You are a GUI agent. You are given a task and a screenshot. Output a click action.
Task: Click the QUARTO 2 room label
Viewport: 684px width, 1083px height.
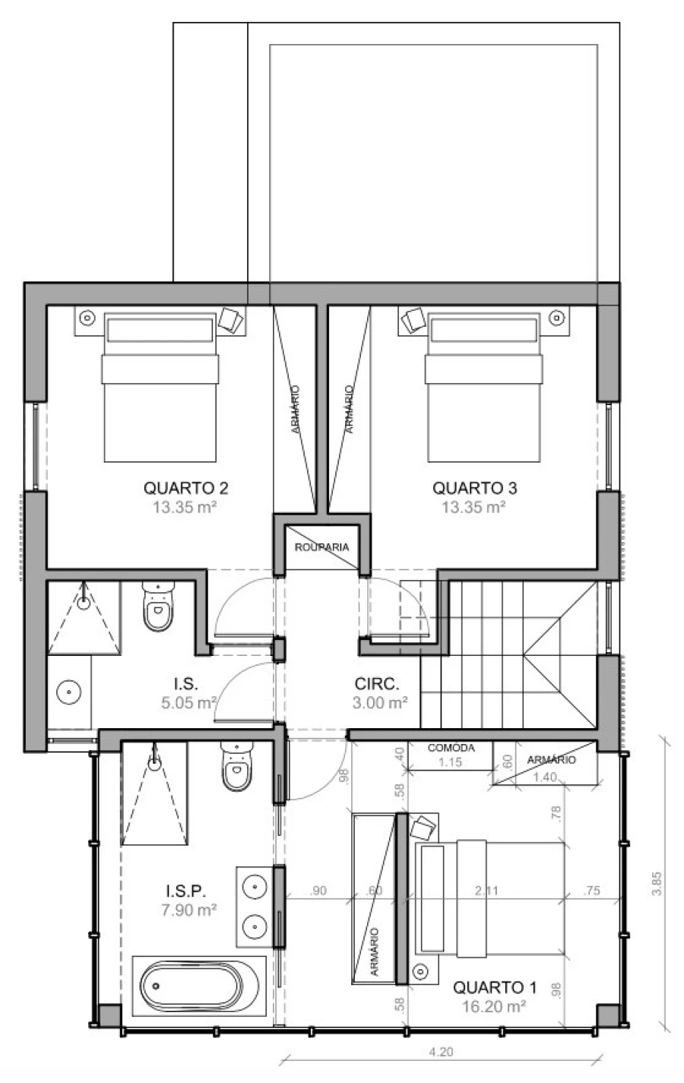(x=185, y=488)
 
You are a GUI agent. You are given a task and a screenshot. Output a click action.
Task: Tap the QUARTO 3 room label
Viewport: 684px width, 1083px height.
(x=475, y=488)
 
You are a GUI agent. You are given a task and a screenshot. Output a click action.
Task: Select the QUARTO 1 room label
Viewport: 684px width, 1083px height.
(x=495, y=987)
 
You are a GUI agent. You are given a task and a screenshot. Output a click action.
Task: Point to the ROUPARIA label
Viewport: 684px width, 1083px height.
(x=322, y=546)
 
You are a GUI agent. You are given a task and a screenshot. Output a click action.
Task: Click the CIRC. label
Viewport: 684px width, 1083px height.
(x=377, y=684)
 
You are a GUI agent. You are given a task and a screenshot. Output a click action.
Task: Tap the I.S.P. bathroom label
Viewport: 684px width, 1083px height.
(x=186, y=891)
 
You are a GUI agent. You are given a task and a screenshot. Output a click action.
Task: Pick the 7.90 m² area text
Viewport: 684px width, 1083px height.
(x=189, y=910)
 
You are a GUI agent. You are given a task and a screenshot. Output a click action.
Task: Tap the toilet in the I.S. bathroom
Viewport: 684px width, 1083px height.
(x=158, y=606)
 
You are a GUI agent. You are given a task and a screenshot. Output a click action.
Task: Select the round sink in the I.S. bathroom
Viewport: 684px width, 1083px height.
(x=69, y=692)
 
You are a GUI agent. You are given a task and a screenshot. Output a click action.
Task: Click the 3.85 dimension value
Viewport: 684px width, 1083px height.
(x=657, y=883)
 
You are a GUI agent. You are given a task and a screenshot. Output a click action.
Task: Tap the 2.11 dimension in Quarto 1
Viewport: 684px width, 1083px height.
(x=486, y=891)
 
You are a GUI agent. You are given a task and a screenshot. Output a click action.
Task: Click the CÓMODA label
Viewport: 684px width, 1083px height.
(x=451, y=748)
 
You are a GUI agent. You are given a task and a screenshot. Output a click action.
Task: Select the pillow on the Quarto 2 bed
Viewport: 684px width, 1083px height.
(x=160, y=330)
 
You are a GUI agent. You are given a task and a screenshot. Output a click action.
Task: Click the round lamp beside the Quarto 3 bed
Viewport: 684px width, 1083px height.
(x=557, y=318)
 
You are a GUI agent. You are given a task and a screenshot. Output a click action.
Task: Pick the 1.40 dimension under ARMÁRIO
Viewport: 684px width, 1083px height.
(x=545, y=777)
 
